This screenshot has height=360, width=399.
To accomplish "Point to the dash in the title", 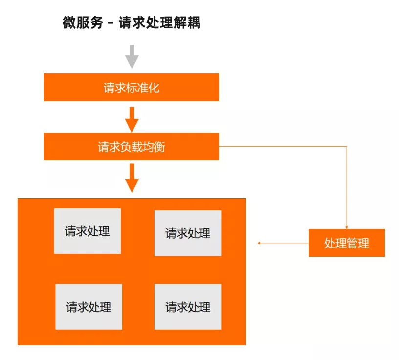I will tap(111, 23).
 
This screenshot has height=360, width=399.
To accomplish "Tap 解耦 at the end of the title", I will tap(187, 22).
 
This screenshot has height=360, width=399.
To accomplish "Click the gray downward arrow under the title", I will tap(132, 56).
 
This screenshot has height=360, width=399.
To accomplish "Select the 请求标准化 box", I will tap(131, 88).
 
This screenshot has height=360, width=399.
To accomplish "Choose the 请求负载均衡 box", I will tap(131, 147).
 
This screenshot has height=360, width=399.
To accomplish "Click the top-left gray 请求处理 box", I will tap(87, 231).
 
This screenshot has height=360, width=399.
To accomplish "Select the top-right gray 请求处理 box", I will tap(188, 233).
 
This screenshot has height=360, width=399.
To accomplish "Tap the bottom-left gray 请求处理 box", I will tap(89, 307).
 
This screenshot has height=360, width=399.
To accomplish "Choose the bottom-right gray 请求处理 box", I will tap(188, 307).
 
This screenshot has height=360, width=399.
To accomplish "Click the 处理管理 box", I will tap(346, 243).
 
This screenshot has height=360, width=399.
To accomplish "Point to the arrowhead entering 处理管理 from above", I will tap(347, 227).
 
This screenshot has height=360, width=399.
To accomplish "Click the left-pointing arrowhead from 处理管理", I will tap(260, 243).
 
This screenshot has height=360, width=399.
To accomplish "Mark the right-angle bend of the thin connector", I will tap(347, 146).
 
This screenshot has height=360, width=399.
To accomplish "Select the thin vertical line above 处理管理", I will tap(347, 186).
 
